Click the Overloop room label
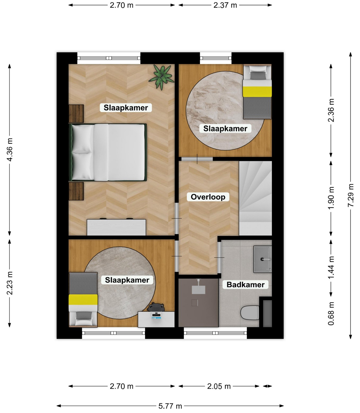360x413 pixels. point(208,197)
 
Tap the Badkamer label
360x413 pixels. point(245,285)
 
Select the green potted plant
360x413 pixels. point(162,77)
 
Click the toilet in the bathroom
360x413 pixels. point(250,313)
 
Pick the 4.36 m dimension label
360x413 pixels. point(10,150)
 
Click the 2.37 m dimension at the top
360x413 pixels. point(225,5)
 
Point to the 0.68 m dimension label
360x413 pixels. point(331,314)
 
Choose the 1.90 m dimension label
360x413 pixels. point(331,198)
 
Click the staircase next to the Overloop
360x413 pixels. point(255,198)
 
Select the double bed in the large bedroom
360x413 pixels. point(108,152)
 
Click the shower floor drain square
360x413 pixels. point(195,303)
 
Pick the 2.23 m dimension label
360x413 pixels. point(10,283)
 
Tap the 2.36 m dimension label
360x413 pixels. point(331,111)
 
